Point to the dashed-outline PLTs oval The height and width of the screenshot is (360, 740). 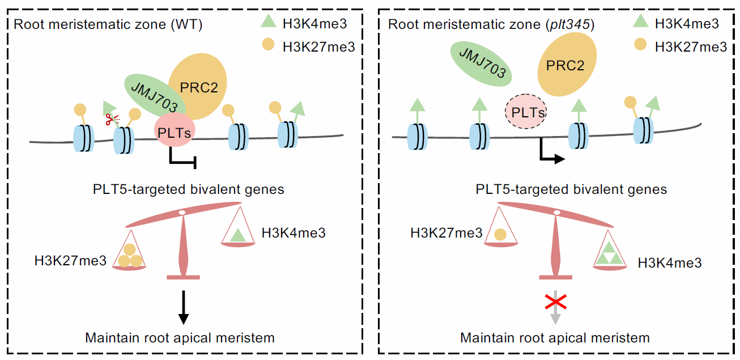525,112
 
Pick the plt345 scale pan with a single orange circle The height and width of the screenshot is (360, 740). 500,233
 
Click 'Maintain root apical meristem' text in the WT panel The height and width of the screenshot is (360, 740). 180,338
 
